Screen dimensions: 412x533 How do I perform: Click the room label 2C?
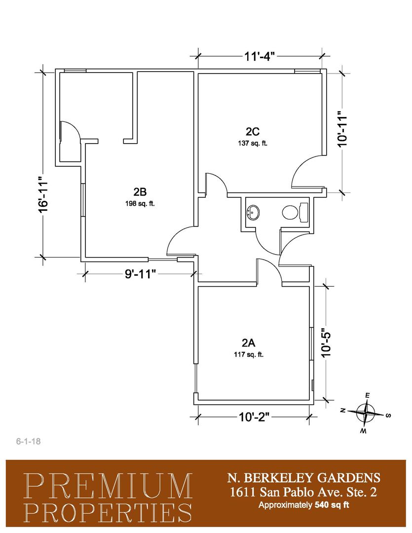[253, 131]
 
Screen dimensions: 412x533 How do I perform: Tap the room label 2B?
[140, 192]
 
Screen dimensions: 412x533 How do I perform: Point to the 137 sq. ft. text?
[253, 144]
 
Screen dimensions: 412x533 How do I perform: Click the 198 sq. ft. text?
[140, 204]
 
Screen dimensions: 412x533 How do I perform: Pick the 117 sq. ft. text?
[249, 355]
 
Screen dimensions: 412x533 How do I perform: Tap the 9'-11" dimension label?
[140, 274]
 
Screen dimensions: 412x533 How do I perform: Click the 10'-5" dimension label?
[327, 343]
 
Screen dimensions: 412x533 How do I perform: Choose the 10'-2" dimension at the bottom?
[254, 417]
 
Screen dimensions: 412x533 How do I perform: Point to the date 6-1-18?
[29, 441]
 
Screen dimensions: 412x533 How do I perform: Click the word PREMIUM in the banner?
[109, 486]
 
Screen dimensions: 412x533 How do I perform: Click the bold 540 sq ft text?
[332, 505]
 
